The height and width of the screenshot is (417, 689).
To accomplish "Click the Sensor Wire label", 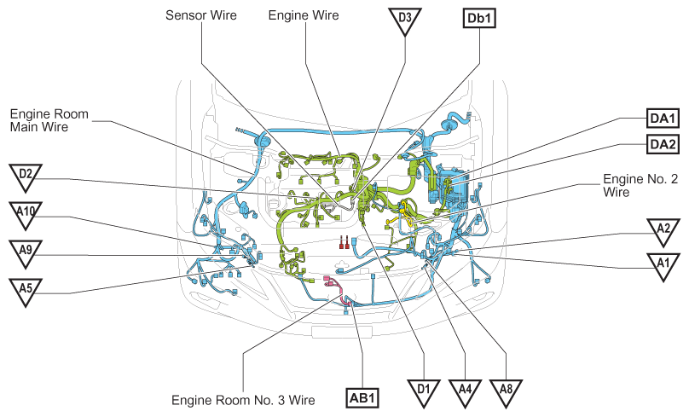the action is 200,15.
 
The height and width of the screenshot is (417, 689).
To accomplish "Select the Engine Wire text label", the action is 304,15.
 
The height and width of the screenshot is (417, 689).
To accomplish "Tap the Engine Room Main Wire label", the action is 49,120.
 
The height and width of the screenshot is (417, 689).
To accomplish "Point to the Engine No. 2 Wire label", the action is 640,185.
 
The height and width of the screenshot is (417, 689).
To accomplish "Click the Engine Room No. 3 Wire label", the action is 243,400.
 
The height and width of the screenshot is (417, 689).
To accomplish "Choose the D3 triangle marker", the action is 405,20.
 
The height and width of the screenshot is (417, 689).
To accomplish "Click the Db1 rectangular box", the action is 479,19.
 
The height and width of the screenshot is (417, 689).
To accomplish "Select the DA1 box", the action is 663,118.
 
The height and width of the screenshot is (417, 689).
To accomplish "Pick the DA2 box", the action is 663,144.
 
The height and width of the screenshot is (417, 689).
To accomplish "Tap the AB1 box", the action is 363,398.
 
